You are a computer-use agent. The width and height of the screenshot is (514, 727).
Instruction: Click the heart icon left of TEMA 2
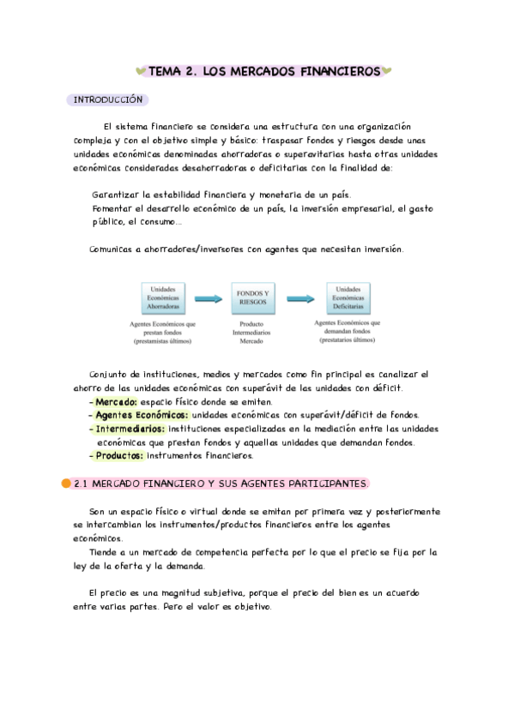click(142, 73)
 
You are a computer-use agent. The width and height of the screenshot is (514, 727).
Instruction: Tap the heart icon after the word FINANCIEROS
click(387, 73)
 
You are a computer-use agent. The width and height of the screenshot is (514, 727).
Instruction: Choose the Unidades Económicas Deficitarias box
click(348, 298)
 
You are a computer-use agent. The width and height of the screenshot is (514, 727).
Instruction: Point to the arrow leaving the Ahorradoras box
click(207, 298)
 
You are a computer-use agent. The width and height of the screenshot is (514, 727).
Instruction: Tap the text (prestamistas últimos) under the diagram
click(163, 340)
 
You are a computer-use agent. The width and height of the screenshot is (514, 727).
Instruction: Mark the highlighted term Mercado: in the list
click(116, 401)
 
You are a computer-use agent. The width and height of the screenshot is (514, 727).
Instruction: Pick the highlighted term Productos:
click(119, 456)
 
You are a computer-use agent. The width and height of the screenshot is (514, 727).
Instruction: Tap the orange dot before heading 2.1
click(66, 484)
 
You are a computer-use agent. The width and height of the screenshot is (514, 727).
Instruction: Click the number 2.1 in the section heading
click(82, 484)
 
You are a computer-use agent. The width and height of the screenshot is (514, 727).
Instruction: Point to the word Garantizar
click(116, 195)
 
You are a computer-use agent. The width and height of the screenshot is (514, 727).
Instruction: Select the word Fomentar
click(112, 208)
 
